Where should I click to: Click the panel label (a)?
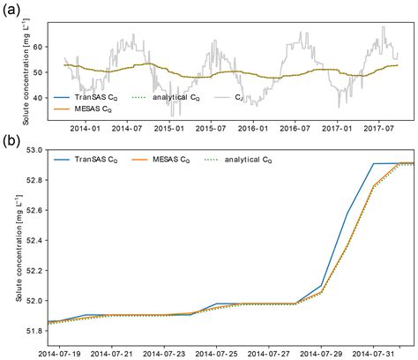(x=11, y=11)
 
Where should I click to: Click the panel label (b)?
(x=11, y=141)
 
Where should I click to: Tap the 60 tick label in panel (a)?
(x=39, y=47)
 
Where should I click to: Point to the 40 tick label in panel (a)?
(x=39, y=98)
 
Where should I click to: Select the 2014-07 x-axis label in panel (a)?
(x=127, y=129)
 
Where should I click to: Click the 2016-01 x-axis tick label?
(x=253, y=129)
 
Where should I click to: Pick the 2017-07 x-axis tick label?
(x=378, y=129)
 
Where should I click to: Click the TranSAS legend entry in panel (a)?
(x=86, y=97)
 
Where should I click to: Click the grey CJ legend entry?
(x=228, y=97)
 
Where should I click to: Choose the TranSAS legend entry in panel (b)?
(x=86, y=160)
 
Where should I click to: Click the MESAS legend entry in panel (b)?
(x=160, y=160)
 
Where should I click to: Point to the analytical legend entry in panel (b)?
(x=238, y=160)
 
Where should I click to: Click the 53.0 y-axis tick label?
(x=35, y=150)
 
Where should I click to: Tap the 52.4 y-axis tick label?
(x=35, y=240)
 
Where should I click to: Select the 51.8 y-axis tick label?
(x=35, y=331)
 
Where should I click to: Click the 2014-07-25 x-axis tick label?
(x=216, y=354)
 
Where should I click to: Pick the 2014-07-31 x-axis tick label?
(x=373, y=354)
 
